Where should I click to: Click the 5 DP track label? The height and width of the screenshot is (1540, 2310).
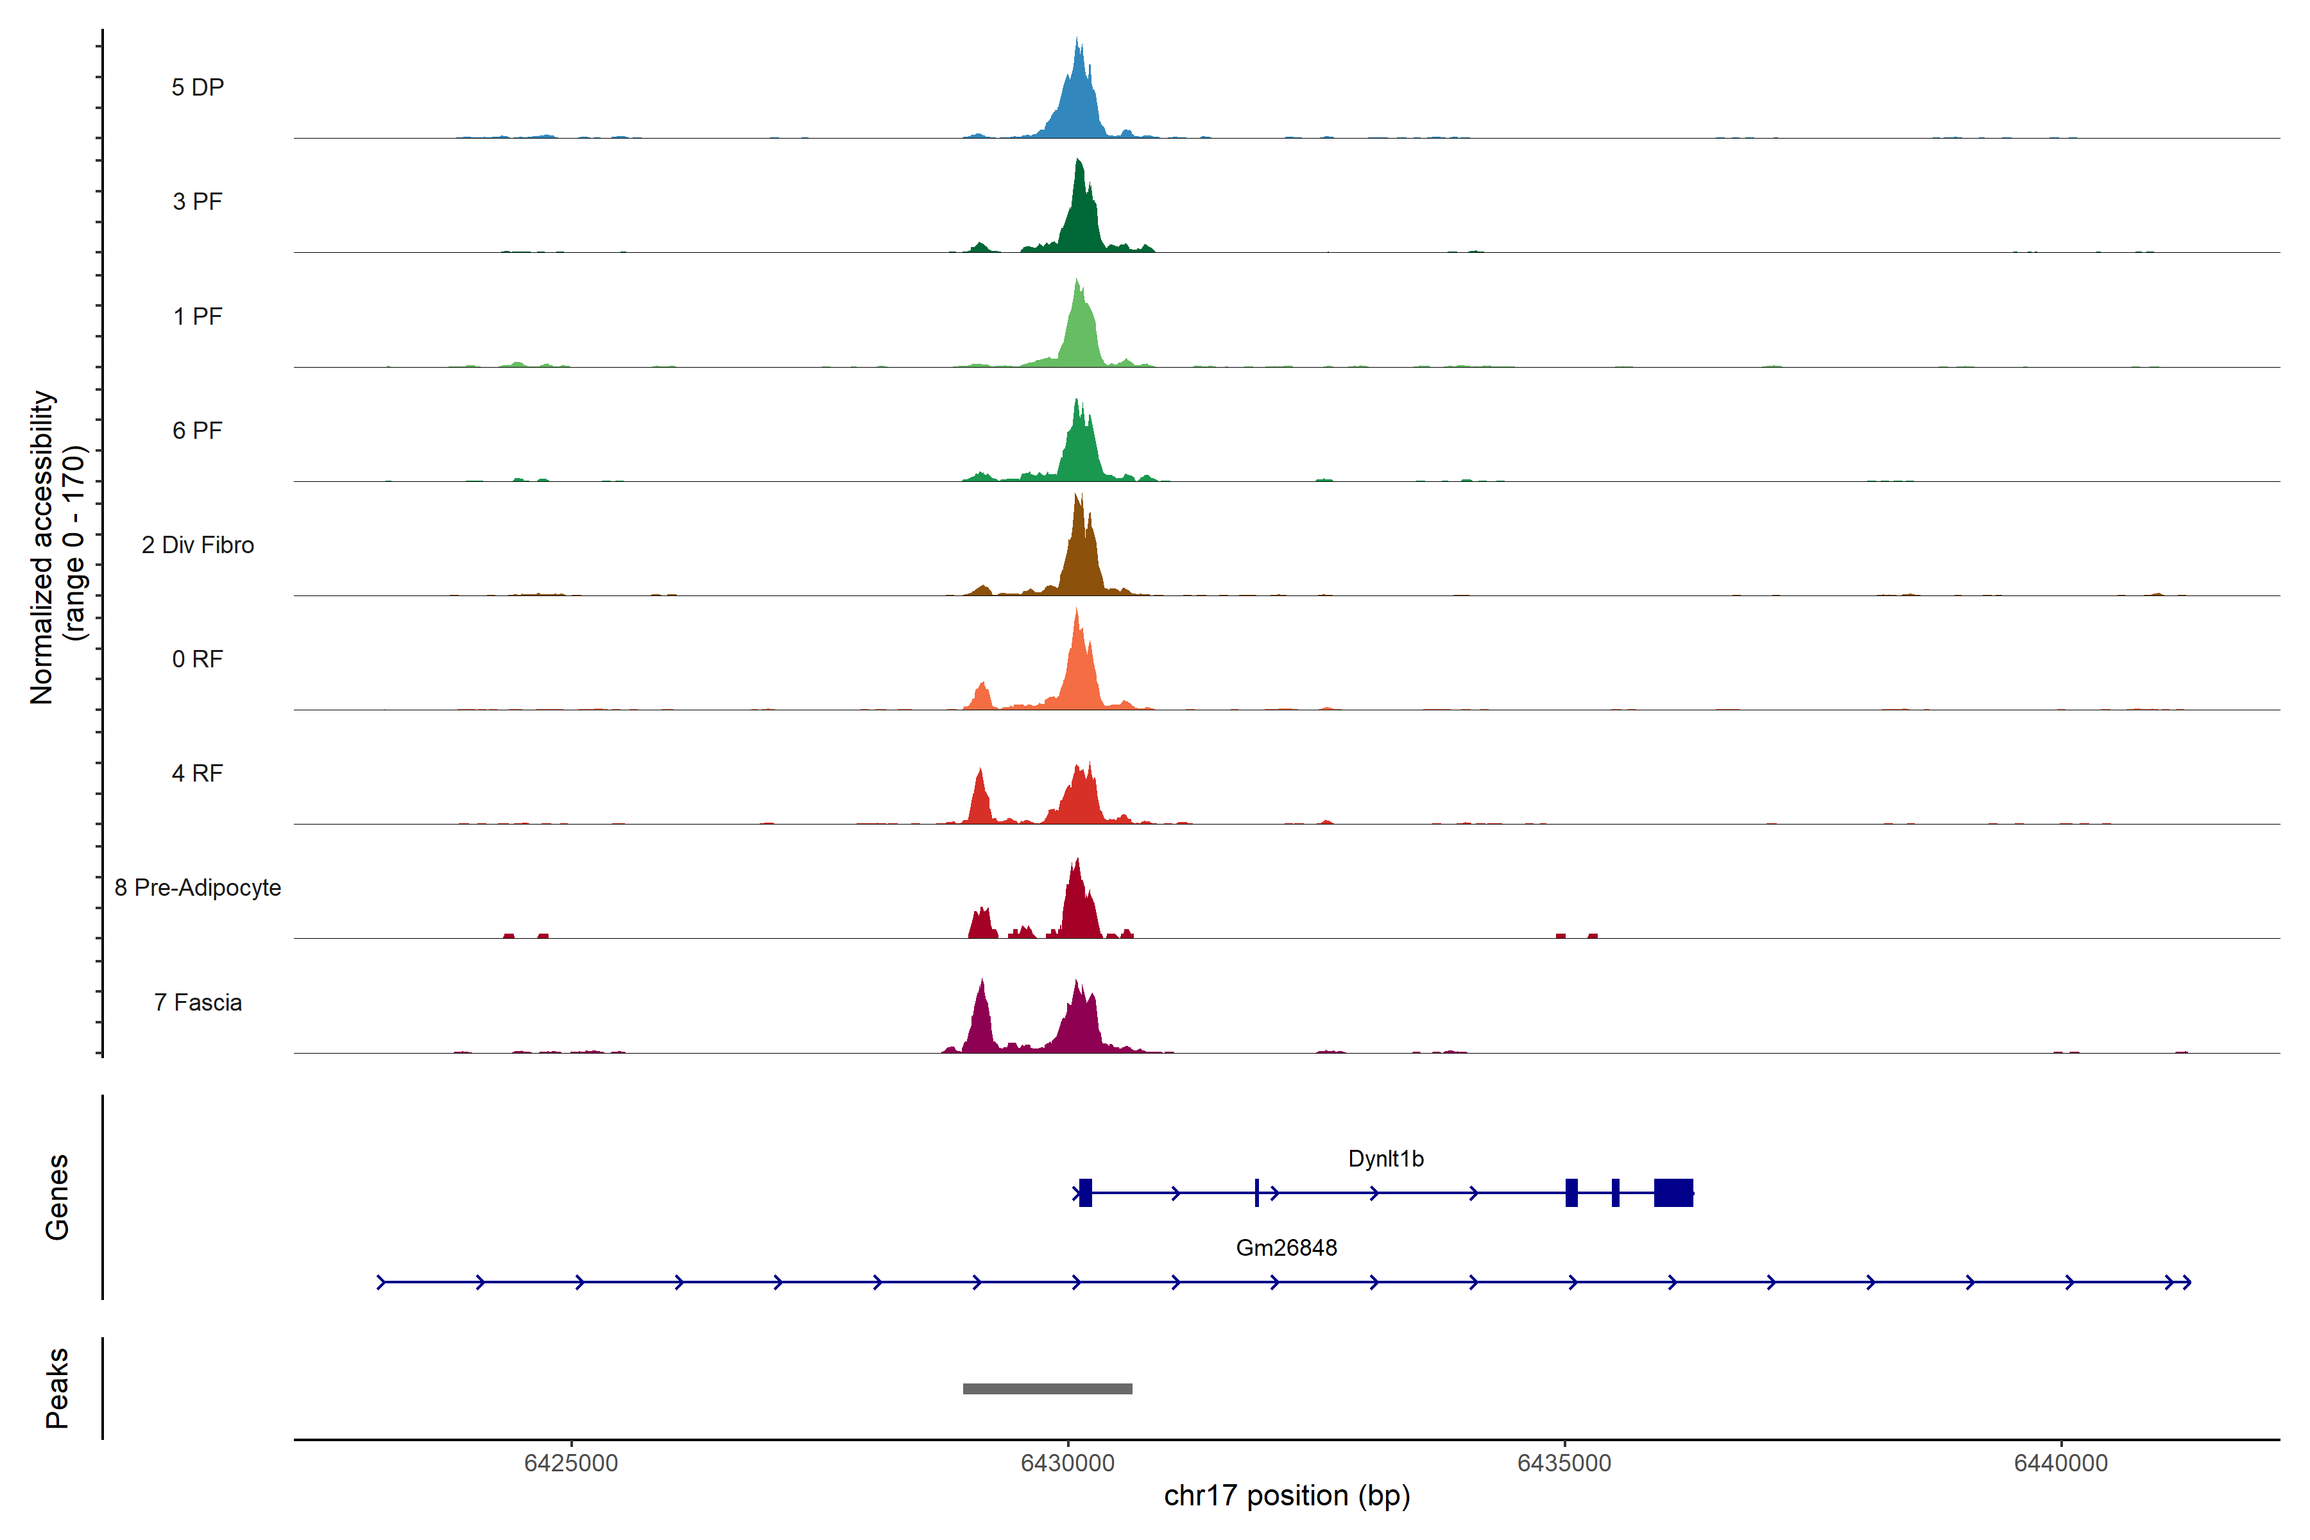[198, 87]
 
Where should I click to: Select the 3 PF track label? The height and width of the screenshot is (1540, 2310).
[198, 201]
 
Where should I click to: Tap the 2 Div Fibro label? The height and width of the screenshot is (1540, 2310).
[198, 545]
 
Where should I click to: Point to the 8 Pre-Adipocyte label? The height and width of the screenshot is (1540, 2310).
[198, 888]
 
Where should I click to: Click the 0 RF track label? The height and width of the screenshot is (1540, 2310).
[198, 659]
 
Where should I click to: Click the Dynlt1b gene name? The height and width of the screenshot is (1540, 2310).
[1385, 1159]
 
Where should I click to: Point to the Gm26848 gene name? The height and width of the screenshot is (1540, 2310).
[1286, 1248]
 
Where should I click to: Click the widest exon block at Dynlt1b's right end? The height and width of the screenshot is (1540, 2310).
[1673, 1192]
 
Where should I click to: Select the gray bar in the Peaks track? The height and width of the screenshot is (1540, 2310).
[1047, 1389]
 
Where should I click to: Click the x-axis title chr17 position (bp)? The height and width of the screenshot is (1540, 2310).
[1287, 1496]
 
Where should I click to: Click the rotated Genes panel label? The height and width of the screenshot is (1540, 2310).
[57, 1197]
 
